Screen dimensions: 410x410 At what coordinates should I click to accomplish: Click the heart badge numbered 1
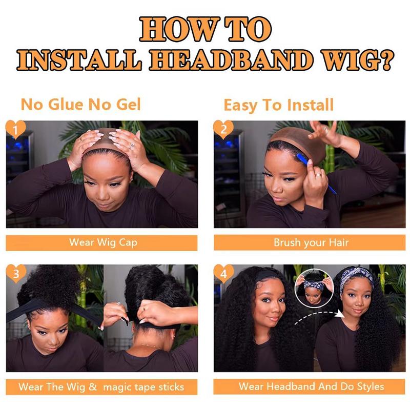(x=15, y=130)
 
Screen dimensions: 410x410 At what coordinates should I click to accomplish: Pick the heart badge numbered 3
(x=16, y=274)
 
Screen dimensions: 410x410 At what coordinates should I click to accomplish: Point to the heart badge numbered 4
(x=223, y=274)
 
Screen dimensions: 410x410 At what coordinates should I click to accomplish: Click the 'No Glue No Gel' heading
(x=80, y=105)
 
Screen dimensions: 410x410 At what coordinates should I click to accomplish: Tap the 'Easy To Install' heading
(x=278, y=105)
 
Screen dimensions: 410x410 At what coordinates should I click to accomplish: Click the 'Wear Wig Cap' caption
(x=103, y=242)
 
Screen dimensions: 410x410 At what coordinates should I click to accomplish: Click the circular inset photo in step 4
(x=315, y=287)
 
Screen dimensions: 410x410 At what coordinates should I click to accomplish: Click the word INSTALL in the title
(x=79, y=60)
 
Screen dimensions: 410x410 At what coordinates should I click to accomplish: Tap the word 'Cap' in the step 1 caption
(x=128, y=242)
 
